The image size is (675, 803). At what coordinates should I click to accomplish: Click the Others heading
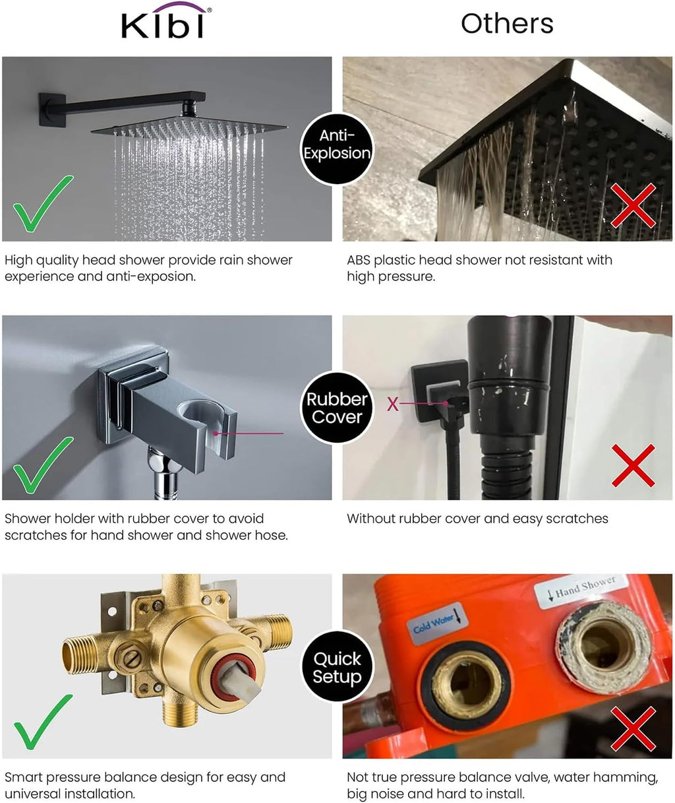tap(507, 24)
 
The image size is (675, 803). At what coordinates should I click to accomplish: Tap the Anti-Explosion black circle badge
tap(337, 149)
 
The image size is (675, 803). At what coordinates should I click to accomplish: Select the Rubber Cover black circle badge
tap(337, 408)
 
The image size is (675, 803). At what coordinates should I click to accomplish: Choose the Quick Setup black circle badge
tap(337, 666)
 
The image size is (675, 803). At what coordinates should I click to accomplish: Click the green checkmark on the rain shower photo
tap(43, 203)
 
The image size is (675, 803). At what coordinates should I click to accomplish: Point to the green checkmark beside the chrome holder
tap(43, 465)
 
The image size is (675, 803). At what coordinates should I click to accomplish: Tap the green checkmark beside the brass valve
tap(43, 723)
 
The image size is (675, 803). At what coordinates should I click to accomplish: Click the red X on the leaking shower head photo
tap(633, 205)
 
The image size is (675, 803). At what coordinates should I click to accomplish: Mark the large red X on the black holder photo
tap(633, 466)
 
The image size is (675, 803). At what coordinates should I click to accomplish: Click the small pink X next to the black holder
tap(393, 404)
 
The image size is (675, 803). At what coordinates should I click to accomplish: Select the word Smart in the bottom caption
tap(24, 777)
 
